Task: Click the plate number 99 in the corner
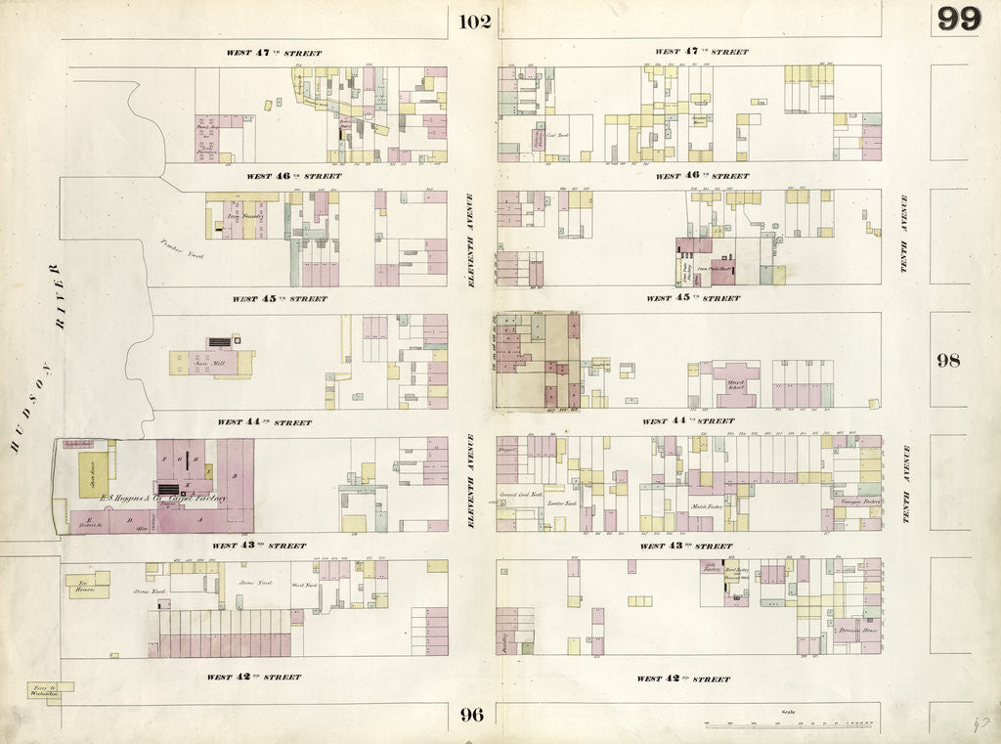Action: point(958,19)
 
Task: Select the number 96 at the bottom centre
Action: point(472,715)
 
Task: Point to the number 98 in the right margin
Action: point(948,360)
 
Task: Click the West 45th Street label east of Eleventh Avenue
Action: point(693,298)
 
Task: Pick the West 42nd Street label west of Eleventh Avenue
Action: point(253,677)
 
